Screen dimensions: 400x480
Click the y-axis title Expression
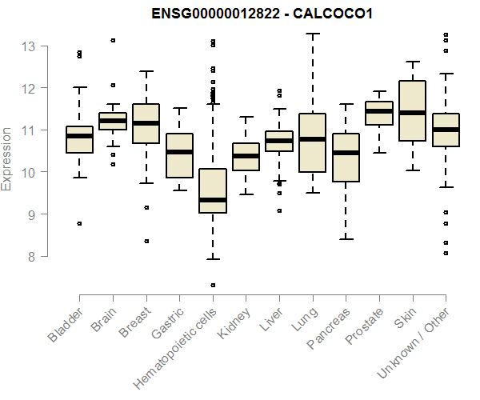(x=7, y=158)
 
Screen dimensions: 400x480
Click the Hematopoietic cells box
(x=213, y=190)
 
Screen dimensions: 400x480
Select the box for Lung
(x=312, y=142)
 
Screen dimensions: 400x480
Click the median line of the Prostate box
(x=378, y=111)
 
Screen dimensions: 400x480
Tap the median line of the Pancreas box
(x=346, y=152)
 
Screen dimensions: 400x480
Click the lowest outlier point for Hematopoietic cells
(x=213, y=285)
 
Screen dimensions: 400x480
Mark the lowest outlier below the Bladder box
(x=79, y=224)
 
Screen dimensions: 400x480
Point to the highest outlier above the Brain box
(x=113, y=40)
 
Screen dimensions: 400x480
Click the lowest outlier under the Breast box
(x=146, y=241)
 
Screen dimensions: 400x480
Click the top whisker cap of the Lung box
(x=312, y=34)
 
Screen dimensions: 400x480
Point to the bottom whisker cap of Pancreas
(x=346, y=239)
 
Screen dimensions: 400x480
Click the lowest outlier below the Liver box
(x=279, y=211)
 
